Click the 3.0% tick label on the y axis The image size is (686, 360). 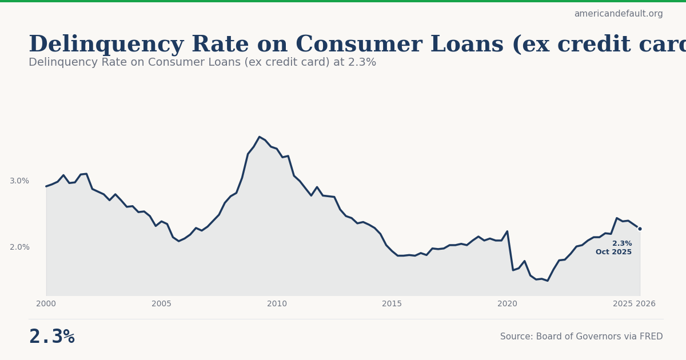19,181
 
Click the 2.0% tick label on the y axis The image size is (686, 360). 19,247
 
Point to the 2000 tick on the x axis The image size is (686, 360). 46,304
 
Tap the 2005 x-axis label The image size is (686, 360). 161,304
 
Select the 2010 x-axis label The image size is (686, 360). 277,304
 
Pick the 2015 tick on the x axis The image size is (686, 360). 392,304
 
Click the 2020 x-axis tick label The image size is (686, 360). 507,304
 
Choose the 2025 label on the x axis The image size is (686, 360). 623,304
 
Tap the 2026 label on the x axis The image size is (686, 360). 645,304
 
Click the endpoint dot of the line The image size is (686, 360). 640,229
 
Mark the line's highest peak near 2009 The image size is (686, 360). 260,137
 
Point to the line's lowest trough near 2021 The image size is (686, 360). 548,281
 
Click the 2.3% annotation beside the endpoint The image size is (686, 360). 622,243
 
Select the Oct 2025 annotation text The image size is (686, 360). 613,253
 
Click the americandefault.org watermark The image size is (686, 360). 618,14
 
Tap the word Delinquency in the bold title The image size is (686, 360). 106,45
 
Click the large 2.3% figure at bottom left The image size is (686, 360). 51,337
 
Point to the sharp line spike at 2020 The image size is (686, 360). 507,231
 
